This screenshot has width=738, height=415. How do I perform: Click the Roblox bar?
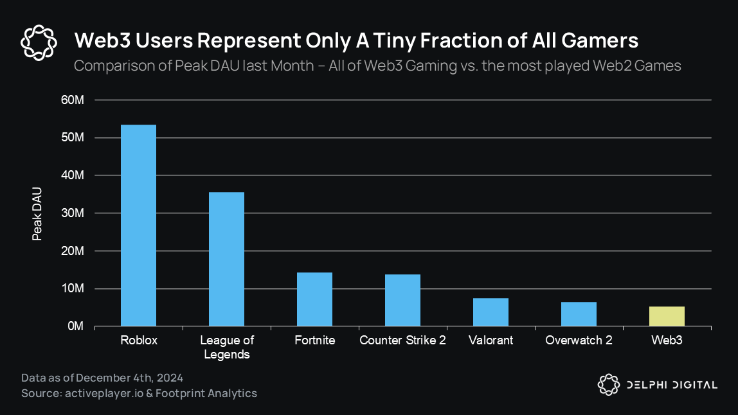(x=139, y=225)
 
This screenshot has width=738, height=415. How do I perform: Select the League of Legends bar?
(x=226, y=260)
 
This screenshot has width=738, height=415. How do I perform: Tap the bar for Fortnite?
(x=314, y=299)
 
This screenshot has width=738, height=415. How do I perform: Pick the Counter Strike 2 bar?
(x=402, y=301)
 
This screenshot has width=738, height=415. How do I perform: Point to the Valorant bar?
(x=491, y=312)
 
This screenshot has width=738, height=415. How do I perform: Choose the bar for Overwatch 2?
(x=579, y=314)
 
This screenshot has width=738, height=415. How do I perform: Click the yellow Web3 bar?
(x=667, y=317)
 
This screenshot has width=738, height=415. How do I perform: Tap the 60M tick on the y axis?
(x=72, y=100)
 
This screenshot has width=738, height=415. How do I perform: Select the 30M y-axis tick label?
(x=72, y=213)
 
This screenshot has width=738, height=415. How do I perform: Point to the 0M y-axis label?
(x=75, y=326)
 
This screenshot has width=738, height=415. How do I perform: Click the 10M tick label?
(x=72, y=288)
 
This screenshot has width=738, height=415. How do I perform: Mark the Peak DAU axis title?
(x=37, y=214)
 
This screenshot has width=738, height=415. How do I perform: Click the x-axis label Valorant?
(x=491, y=340)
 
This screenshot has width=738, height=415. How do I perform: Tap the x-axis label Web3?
(x=667, y=340)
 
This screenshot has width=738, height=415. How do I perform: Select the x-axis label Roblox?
(x=139, y=340)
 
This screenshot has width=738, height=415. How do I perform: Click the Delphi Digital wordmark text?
(x=672, y=385)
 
